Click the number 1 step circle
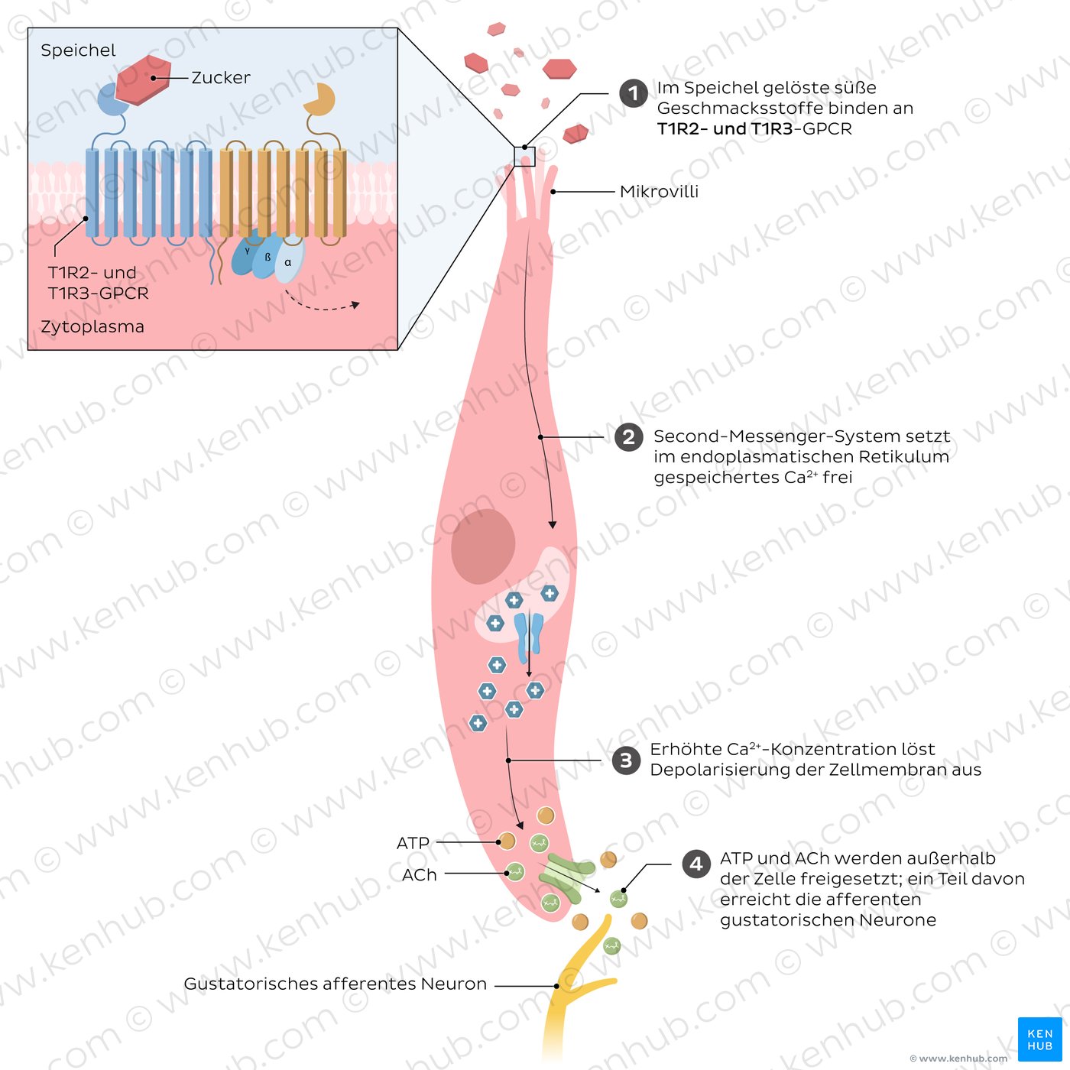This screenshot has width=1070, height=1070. (x=633, y=93)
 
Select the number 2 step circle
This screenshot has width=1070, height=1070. (x=628, y=437)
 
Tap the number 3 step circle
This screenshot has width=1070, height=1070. (x=627, y=760)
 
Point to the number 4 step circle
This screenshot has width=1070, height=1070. (x=696, y=864)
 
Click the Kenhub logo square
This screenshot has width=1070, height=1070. (x=1039, y=1039)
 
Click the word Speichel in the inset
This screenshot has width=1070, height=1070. (x=78, y=50)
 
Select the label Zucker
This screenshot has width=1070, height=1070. (x=220, y=78)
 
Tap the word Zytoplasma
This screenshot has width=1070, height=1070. (x=92, y=326)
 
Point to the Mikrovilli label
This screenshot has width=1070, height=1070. (x=659, y=192)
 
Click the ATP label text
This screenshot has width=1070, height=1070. (x=413, y=843)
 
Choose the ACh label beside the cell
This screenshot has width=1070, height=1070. (x=420, y=874)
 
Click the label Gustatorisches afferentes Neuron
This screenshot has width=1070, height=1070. (x=335, y=984)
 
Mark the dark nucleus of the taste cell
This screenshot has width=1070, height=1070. (x=482, y=546)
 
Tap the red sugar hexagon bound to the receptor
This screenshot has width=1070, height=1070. (x=143, y=79)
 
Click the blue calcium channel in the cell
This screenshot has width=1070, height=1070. (x=528, y=638)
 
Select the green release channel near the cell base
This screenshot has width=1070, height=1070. (x=566, y=877)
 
